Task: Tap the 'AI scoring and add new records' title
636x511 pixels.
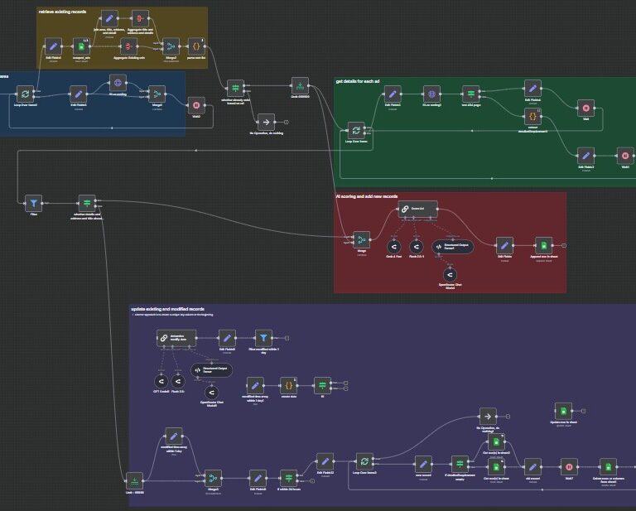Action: click(366, 197)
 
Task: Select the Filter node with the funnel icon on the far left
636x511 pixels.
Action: click(32, 202)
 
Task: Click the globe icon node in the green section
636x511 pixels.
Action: click(430, 93)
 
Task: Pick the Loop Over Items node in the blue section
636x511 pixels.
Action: click(26, 95)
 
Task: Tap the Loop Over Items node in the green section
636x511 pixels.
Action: click(355, 130)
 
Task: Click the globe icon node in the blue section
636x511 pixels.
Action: click(118, 83)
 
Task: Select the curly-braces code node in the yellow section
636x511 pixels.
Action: click(196, 46)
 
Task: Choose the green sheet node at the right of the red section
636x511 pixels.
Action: click(542, 244)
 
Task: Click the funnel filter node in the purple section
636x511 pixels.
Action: click(263, 337)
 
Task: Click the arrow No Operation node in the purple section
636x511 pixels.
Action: click(488, 415)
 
